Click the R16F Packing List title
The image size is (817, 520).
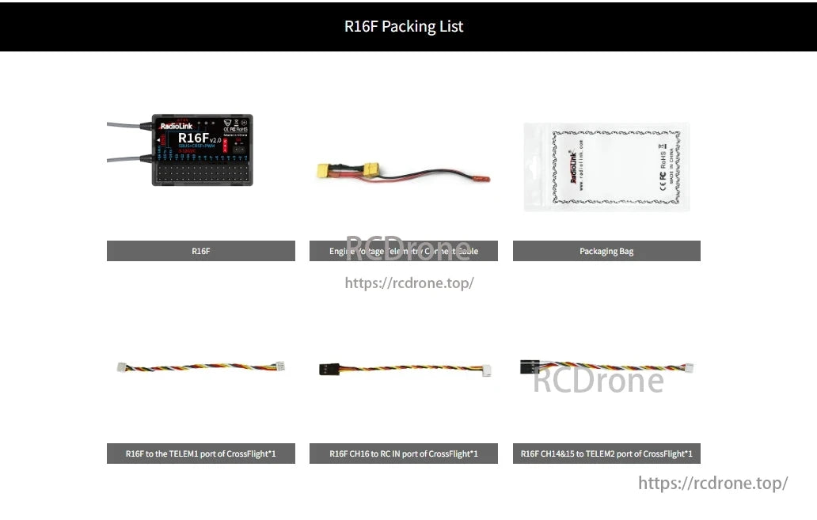tap(404, 26)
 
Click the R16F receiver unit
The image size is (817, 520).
tap(202, 150)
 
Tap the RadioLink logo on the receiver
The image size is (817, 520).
tap(175, 126)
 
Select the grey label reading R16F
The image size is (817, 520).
tap(200, 251)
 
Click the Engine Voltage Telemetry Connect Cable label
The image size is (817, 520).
tap(404, 251)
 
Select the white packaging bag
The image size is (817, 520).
tap(606, 167)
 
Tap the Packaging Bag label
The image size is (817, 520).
tap(606, 251)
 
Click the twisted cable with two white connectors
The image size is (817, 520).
tap(200, 367)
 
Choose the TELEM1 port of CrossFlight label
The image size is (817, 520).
tap(200, 454)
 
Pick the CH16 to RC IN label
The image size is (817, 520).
tap(404, 454)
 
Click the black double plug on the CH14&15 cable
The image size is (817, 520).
tap(530, 366)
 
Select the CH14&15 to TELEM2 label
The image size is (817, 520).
tap(606, 454)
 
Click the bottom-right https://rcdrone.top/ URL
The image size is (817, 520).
tap(712, 483)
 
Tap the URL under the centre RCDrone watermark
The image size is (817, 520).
tap(409, 283)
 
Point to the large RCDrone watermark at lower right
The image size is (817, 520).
tap(598, 381)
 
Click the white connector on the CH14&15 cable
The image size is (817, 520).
tap(688, 368)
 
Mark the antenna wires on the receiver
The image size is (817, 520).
tap(125, 142)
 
